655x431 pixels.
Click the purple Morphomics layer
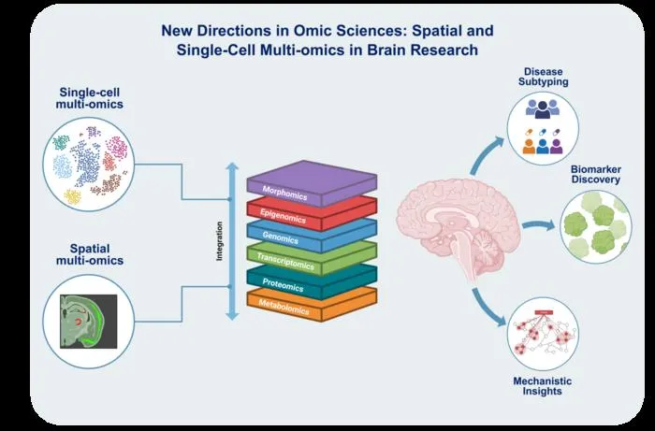[312, 183]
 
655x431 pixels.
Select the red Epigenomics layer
[312, 213]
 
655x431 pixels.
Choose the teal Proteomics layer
[312, 281]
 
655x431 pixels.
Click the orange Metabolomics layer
[312, 304]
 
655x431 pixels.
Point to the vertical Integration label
[219, 241]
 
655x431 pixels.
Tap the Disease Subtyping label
[543, 77]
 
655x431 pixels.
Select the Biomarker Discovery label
[596, 175]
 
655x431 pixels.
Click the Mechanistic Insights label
[542, 386]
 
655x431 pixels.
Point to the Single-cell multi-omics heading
[90, 98]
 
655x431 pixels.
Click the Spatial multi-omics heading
[90, 254]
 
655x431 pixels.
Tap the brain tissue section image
[89, 322]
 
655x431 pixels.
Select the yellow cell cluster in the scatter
[73, 196]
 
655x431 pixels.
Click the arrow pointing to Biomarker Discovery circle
[538, 225]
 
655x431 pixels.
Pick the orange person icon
[529, 146]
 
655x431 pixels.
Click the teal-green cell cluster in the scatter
[61, 142]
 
